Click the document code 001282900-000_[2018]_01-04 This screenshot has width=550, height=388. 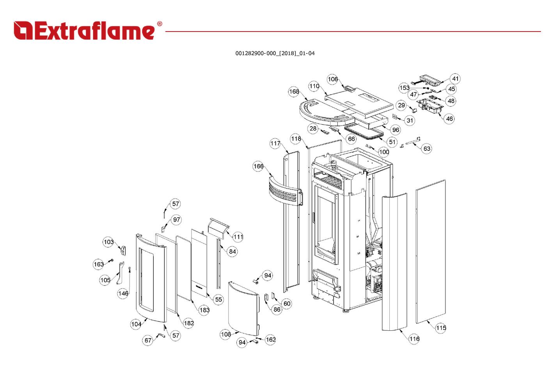click(x=275, y=53)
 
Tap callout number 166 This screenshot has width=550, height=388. click(x=258, y=166)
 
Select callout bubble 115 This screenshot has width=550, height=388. click(x=441, y=328)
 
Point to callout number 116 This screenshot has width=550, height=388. click(x=414, y=339)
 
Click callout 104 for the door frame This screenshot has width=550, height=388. click(x=136, y=324)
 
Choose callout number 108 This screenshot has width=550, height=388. click(x=225, y=334)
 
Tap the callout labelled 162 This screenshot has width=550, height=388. click(x=271, y=339)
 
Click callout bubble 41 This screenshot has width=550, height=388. click(x=455, y=79)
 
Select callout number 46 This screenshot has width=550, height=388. click(x=449, y=119)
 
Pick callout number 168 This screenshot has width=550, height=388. click(x=294, y=92)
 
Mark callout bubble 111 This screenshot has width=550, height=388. click(x=238, y=237)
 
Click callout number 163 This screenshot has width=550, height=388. click(x=98, y=264)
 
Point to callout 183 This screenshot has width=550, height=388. click(x=204, y=310)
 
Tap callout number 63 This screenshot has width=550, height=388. click(x=427, y=148)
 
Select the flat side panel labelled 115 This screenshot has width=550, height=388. click(x=430, y=252)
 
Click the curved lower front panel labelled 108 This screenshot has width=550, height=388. click(x=243, y=309)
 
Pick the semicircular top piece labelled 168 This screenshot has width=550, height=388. click(x=327, y=113)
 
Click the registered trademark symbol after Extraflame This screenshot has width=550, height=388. click(x=160, y=24)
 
